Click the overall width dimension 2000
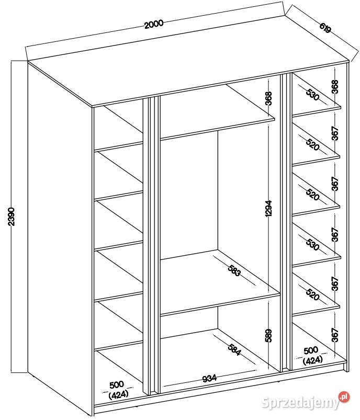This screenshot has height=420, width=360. [154, 24]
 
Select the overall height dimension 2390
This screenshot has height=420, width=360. [11, 216]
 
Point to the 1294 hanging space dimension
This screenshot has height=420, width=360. [268, 208]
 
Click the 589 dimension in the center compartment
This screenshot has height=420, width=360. [268, 336]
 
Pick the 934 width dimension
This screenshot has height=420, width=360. [209, 379]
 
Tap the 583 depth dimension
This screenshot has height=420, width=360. [234, 270]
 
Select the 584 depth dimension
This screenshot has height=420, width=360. [234, 349]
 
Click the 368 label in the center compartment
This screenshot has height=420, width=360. [268, 98]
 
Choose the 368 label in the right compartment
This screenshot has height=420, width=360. [335, 87]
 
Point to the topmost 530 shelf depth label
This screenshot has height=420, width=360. [312, 94]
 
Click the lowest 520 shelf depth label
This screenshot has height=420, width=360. [312, 294]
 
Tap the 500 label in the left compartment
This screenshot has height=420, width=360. [117, 385]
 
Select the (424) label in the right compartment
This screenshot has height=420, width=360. [312, 360]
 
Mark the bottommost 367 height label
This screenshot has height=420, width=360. [335, 335]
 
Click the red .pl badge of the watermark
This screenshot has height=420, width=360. [344, 397]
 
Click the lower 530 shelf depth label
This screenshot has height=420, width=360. [312, 244]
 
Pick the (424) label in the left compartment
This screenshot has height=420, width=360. [118, 394]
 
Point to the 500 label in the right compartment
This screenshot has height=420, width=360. [311, 350]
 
